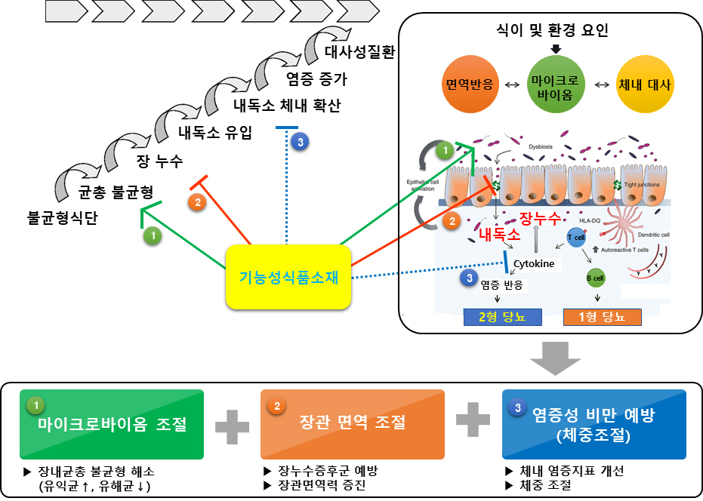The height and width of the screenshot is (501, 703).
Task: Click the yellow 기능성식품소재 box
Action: [x=288, y=277]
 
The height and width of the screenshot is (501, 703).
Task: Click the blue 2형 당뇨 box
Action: [x=503, y=317]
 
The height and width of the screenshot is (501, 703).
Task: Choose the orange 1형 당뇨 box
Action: [x=602, y=317]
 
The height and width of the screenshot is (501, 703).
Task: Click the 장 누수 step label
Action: [x=159, y=161]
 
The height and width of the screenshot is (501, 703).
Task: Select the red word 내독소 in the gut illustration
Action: [x=500, y=235]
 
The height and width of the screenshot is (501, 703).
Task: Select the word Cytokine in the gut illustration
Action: [x=534, y=264]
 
